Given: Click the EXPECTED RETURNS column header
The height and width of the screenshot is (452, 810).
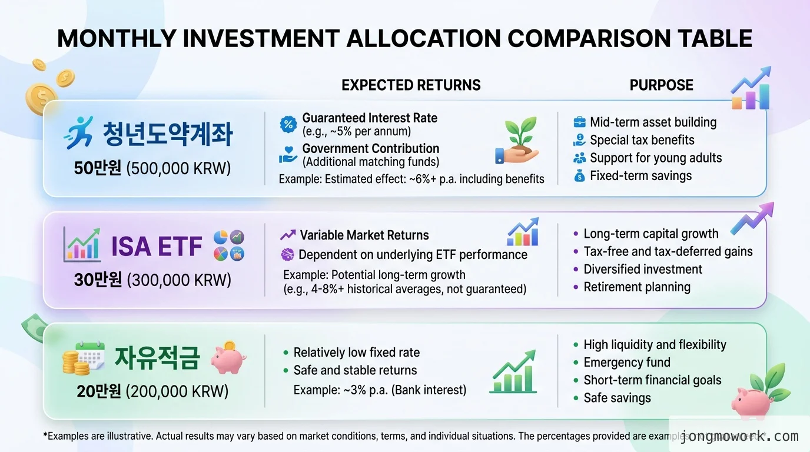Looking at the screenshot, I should tap(411, 85).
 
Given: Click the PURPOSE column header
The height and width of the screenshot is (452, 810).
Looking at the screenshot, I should tap(661, 85).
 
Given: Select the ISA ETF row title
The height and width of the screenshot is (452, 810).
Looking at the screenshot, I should tap(157, 246).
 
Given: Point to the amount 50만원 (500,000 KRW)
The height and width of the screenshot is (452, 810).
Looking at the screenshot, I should tap(152, 168).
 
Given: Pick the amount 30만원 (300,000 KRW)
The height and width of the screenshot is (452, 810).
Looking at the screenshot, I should tap(152, 280).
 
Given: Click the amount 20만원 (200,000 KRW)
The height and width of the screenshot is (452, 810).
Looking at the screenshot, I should tap(152, 391).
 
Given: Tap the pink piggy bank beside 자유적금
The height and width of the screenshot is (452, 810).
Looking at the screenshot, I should tap(228, 357).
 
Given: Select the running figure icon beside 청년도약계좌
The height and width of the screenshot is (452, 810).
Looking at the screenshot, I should tap(78, 132).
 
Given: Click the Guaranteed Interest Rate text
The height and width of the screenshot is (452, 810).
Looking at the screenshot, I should tap(370, 118).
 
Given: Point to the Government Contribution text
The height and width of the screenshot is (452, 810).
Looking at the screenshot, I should tap(370, 149).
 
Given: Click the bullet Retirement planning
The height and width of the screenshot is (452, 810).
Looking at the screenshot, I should tap(636, 287).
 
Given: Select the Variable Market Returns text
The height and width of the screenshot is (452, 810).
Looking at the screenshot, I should tap(364, 235).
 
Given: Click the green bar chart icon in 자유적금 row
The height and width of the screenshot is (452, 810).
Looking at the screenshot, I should tap(513, 373).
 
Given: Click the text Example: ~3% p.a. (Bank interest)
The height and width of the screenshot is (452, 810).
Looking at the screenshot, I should tap(380, 390).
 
